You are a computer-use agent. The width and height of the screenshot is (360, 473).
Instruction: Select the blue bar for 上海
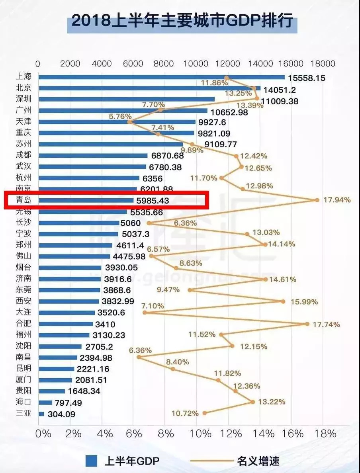[161, 77]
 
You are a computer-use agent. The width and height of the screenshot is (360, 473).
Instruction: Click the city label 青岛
[23, 200]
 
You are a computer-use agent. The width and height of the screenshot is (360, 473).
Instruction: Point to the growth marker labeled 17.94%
[317, 200]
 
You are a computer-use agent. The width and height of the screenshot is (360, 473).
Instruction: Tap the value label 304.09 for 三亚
[61, 414]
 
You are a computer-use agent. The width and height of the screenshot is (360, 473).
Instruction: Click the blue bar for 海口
[45, 403]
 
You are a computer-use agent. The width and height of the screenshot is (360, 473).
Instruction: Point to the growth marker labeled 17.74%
[307, 324]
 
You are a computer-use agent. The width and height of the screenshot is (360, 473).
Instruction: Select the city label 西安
[23, 301]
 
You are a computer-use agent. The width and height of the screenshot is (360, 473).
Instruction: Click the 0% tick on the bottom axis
[43, 433]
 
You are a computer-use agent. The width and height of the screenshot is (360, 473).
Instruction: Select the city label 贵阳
[23, 391]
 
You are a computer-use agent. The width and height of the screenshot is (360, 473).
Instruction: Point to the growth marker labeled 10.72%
[205, 413]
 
